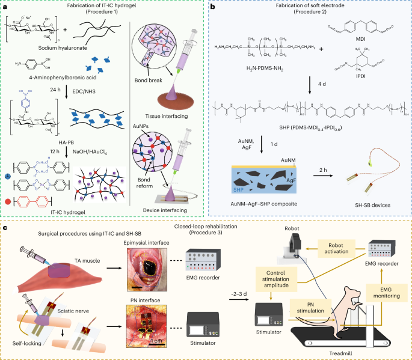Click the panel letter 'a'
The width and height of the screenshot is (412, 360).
[4, 5]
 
